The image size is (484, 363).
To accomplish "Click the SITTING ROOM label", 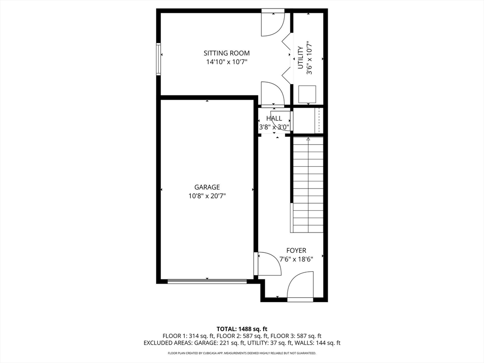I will click(x=226, y=53).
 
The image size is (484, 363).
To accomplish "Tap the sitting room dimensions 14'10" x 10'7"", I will click(x=226, y=62).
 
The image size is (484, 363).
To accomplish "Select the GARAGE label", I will click(x=207, y=187).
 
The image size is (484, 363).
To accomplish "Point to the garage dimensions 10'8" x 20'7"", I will click(x=207, y=196).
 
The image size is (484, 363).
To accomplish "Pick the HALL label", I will click(x=274, y=119).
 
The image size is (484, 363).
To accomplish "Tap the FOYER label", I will click(x=296, y=251).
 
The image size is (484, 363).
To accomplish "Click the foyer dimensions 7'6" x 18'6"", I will click(x=296, y=259).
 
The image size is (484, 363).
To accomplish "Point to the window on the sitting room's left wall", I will click(x=159, y=59).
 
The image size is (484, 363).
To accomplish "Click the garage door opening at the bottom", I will click(x=207, y=281).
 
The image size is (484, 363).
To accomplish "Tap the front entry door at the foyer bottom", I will click(x=301, y=286).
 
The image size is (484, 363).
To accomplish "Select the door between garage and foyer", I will click(x=267, y=264).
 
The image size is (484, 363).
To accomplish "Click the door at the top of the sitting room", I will click(x=273, y=24).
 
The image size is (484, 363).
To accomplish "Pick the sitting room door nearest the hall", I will click(x=272, y=93).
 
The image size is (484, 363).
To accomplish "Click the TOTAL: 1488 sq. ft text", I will click(x=242, y=328).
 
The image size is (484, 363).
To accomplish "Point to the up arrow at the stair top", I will click(x=308, y=139).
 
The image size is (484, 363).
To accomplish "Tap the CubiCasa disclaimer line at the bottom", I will click(x=242, y=353).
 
